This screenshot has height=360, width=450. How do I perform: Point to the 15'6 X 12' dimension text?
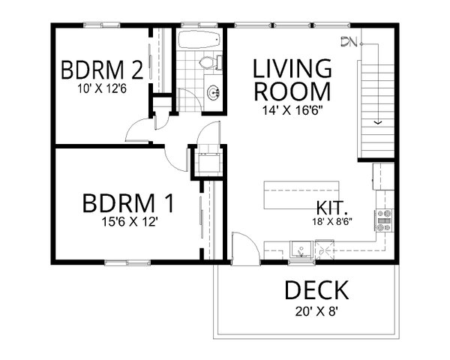(x=128, y=222)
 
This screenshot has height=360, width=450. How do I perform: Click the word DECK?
(x=316, y=289)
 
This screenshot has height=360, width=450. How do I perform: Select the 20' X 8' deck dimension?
(x=316, y=310)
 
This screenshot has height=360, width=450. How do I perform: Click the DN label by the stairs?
(x=346, y=42)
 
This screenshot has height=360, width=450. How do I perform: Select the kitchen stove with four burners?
(x=385, y=219)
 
